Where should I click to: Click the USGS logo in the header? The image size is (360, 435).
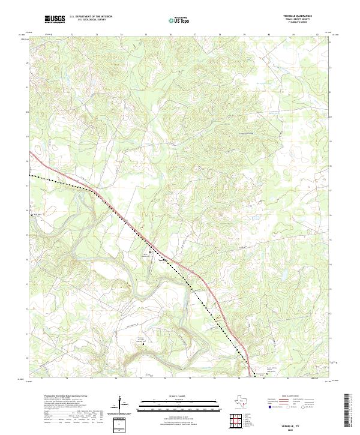(54, 19)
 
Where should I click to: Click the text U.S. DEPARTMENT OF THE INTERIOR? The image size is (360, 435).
(91, 17)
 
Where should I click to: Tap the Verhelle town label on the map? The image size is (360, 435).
(161, 260)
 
